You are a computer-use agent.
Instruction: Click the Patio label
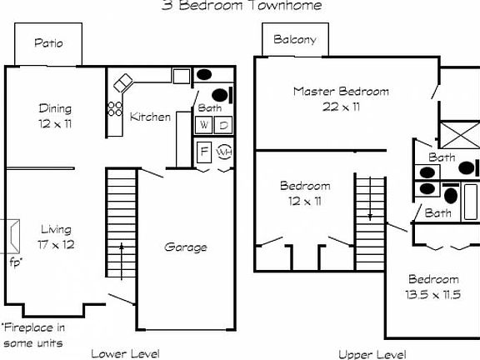[47, 43]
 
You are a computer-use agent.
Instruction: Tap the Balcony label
[295, 39]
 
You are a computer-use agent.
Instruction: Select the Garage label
[185, 247]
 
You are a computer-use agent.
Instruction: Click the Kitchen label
[150, 117]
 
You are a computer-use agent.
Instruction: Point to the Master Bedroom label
[340, 92]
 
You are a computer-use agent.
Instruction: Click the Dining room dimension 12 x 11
[55, 122]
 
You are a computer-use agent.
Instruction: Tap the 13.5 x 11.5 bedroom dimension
[432, 295]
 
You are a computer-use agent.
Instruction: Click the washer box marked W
[204, 125]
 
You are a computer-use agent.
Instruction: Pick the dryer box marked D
[224, 125]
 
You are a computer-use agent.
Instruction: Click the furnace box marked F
[204, 152]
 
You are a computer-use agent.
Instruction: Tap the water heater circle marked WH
[224, 152]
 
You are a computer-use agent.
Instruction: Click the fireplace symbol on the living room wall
[13, 235]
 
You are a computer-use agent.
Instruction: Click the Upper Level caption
[372, 353]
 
